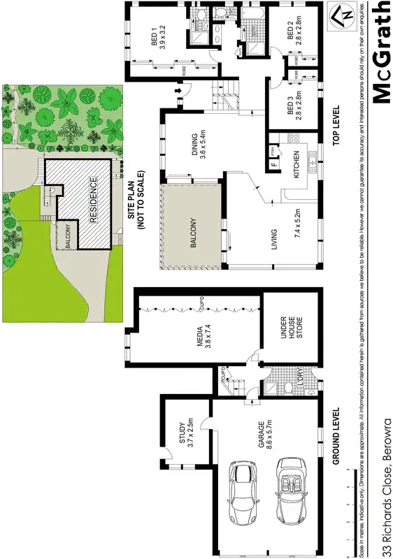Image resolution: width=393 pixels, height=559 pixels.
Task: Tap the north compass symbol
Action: pyautogui.click(x=342, y=15)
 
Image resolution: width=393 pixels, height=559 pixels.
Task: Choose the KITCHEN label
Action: pyautogui.click(x=296, y=165)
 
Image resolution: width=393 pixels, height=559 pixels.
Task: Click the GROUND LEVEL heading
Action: pyautogui.click(x=336, y=437)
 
